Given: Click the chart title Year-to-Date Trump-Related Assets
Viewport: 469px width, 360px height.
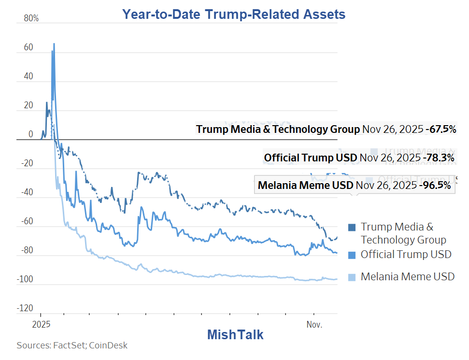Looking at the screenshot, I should click(234, 14).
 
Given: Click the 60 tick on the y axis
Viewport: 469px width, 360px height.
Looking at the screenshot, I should click(28, 48).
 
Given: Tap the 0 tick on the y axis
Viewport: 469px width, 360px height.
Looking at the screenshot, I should click(30, 135).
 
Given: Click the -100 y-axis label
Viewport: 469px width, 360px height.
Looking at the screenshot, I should click(25, 280).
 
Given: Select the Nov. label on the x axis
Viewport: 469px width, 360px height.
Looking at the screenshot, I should click(314, 324).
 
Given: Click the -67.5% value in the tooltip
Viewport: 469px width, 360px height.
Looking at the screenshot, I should click(441, 130).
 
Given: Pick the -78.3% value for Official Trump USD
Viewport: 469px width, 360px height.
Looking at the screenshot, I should click(439, 158).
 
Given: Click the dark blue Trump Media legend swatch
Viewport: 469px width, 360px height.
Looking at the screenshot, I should click(352, 227).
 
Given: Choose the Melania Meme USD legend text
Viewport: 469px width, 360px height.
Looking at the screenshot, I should click(408, 277).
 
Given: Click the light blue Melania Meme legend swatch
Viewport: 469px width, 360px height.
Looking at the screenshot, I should click(352, 277).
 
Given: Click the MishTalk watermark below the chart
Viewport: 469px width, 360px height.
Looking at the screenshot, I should click(235, 334).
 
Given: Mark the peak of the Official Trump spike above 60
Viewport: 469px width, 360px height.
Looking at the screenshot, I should click(54, 44).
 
